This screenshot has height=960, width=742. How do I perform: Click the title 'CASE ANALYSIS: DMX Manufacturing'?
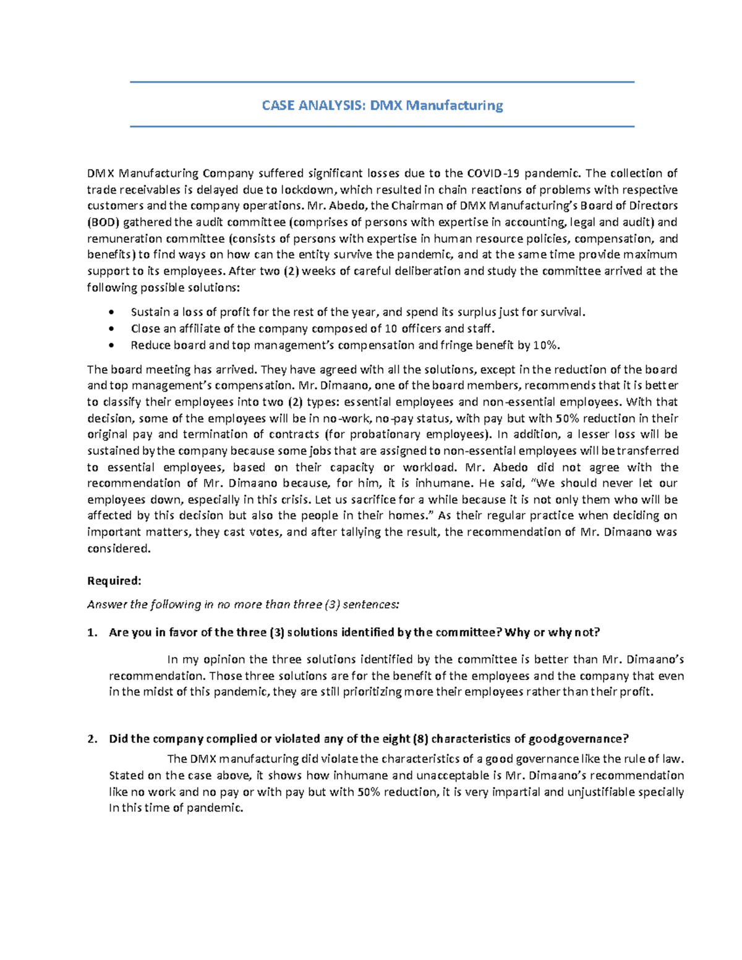pos(382,105)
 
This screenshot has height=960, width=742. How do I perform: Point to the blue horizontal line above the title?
pos(382,82)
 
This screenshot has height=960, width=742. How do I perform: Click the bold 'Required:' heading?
pos(114,581)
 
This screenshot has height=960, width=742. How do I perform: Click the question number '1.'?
pos(92,632)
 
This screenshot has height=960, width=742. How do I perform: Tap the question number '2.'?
pos(92,739)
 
